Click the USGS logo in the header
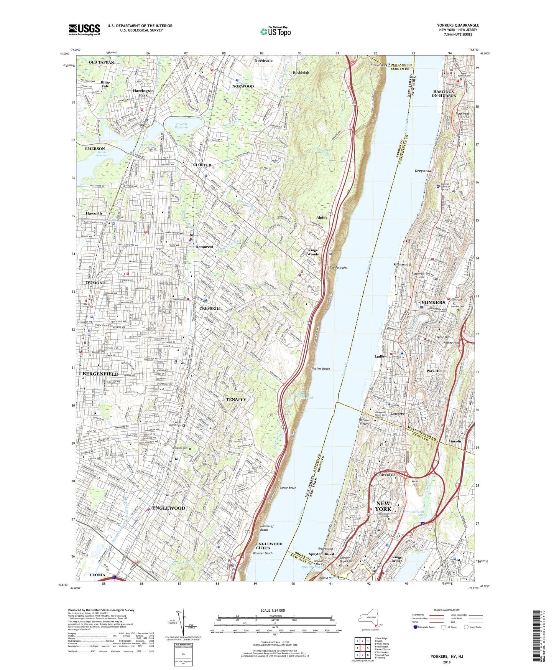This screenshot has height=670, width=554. coord(84,29)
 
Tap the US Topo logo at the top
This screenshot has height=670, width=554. coord(275,31)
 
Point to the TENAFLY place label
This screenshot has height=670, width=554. coord(236,399)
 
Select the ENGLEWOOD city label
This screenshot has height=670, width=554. coord(169,508)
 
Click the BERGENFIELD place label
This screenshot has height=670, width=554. coord(100,373)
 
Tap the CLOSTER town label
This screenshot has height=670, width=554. coord(202,165)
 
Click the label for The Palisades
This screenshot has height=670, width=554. coord(338,268)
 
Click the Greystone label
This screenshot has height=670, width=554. coord(423,171)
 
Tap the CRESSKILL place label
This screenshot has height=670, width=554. coord(210,308)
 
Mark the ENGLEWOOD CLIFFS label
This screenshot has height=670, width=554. coord(269,546)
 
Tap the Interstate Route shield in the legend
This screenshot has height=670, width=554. coord(416,627)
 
